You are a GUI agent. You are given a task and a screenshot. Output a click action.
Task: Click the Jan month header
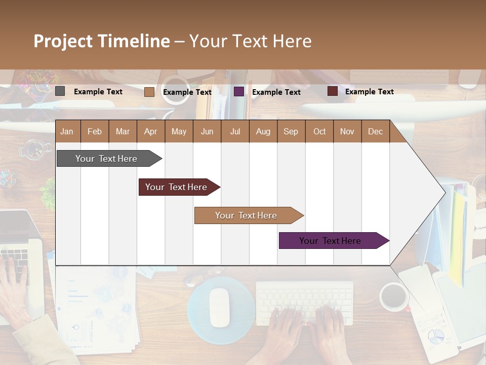[67, 132]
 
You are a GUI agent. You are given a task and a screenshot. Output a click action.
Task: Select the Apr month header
[150, 132]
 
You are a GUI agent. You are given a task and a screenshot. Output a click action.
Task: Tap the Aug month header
[263, 132]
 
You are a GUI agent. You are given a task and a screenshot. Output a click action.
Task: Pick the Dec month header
[375, 132]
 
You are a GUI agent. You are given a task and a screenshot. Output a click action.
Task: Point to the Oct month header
[319, 132]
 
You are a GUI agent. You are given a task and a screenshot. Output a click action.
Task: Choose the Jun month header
[207, 132]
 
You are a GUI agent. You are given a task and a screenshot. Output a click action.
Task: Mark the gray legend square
[60, 91]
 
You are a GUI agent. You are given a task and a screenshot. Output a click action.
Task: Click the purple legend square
[239, 92]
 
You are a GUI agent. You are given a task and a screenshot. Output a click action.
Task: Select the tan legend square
[149, 92]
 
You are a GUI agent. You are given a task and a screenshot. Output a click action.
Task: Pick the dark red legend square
[332, 91]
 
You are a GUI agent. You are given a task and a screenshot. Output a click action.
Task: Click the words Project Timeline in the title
[101, 41]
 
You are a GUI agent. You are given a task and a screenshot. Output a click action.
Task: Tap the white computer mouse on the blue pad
[219, 307]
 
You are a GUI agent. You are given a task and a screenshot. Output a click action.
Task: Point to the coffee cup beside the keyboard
[394, 297]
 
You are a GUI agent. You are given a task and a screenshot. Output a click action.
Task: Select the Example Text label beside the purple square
[276, 92]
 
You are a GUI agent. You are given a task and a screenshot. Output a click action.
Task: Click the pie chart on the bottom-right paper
[435, 336]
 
